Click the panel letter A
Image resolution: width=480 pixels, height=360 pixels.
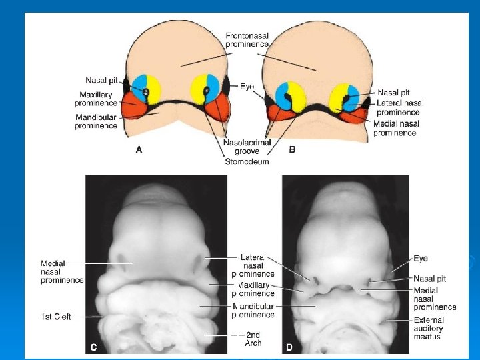point(139,150)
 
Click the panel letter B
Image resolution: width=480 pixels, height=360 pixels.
point(292,150)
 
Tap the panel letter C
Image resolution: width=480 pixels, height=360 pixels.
point(94,347)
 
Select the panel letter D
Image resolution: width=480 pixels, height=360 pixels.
point(289,347)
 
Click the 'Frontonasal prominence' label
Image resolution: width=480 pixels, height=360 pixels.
point(247,39)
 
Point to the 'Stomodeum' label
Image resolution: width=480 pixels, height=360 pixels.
point(246,161)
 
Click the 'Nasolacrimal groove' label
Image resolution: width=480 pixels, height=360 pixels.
point(246,147)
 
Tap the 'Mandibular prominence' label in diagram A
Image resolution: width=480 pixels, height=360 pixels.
point(96,121)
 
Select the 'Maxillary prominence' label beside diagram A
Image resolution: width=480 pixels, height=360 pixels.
point(96,99)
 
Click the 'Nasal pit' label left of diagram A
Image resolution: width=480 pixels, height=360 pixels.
point(101,81)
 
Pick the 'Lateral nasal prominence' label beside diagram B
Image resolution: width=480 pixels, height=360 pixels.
point(400,107)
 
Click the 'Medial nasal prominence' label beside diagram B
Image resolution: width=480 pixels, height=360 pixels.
point(395,129)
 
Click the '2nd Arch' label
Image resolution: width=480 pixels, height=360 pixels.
point(252,339)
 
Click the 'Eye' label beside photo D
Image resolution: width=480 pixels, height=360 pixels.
point(420,258)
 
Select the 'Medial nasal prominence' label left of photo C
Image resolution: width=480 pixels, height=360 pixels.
point(62,271)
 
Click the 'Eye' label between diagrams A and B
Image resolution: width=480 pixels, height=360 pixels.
point(247,87)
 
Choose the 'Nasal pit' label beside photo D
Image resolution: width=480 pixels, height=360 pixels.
point(429,278)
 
